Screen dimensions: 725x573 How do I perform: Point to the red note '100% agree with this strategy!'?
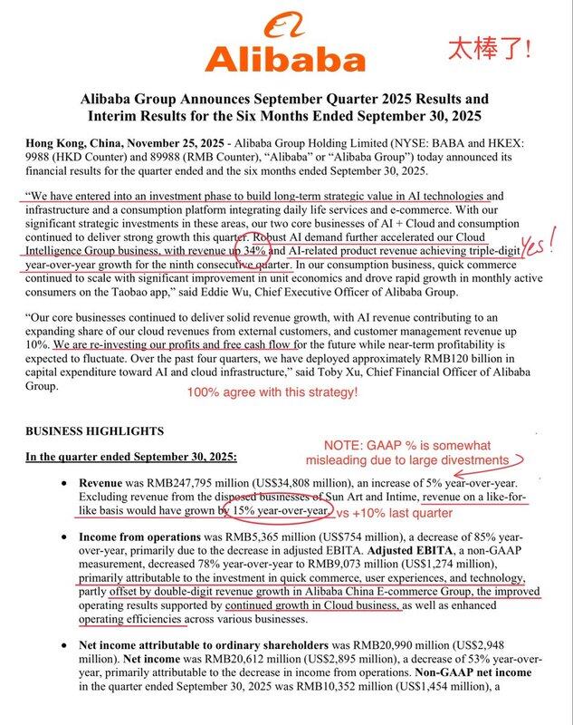click(273, 392)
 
